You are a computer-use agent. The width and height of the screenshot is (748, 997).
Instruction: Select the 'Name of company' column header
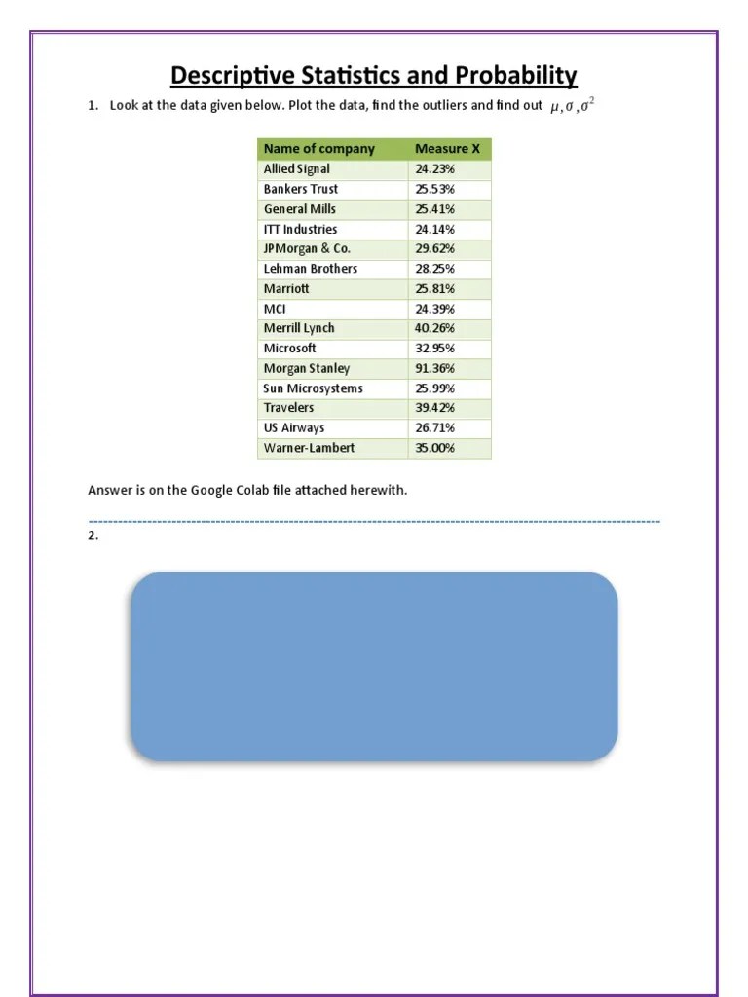pyautogui.click(x=318, y=149)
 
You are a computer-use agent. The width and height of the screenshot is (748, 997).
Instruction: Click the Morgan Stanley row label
pyautogui.click(x=306, y=368)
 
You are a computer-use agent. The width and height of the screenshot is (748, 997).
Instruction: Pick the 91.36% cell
pyautogui.click(x=435, y=368)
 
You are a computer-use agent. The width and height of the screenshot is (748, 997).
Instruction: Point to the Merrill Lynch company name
pyautogui.click(x=299, y=328)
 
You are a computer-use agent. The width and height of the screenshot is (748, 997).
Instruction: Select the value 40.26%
pyautogui.click(x=435, y=328)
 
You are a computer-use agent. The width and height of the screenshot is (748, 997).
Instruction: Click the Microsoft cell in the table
pyautogui.click(x=289, y=348)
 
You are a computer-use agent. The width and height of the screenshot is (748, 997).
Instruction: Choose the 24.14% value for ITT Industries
pyautogui.click(x=435, y=229)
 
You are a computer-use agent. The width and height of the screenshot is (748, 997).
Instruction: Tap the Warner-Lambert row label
pyautogui.click(x=309, y=448)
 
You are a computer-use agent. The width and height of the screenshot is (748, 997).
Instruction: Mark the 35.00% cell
pyautogui.click(x=435, y=448)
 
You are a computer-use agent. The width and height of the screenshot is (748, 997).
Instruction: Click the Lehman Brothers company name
pyautogui.click(x=310, y=269)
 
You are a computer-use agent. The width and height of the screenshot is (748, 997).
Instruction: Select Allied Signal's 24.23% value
pyautogui.click(x=435, y=168)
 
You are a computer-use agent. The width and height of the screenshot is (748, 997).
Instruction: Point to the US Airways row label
pyautogui.click(x=294, y=427)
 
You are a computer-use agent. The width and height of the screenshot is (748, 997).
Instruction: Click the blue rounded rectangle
pyautogui.click(x=374, y=666)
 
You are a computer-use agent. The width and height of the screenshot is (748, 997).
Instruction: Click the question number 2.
pyautogui.click(x=93, y=536)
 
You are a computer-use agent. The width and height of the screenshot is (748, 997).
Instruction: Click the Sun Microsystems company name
pyautogui.click(x=313, y=388)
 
